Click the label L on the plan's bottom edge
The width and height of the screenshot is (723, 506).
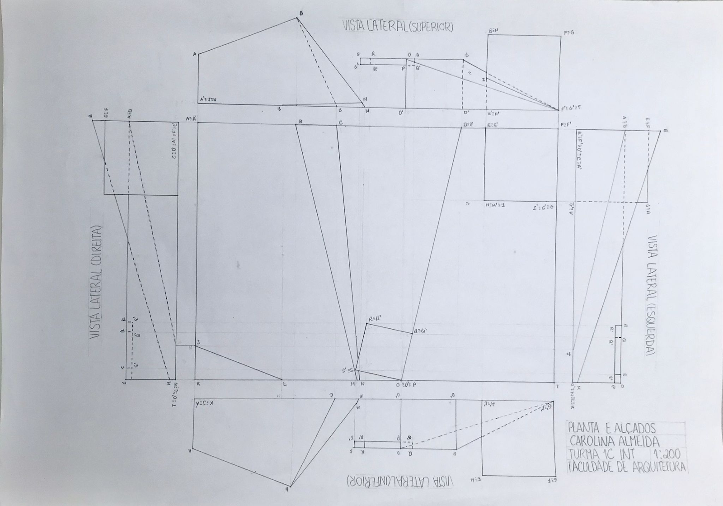tap(284, 384)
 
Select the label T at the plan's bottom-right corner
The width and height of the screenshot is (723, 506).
tap(557, 386)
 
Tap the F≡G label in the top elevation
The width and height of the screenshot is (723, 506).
tap(568, 33)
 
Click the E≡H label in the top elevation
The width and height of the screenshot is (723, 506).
tap(493, 31)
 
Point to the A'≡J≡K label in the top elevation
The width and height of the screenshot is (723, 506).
tap(208, 99)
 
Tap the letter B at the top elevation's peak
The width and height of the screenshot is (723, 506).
tap(301, 14)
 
